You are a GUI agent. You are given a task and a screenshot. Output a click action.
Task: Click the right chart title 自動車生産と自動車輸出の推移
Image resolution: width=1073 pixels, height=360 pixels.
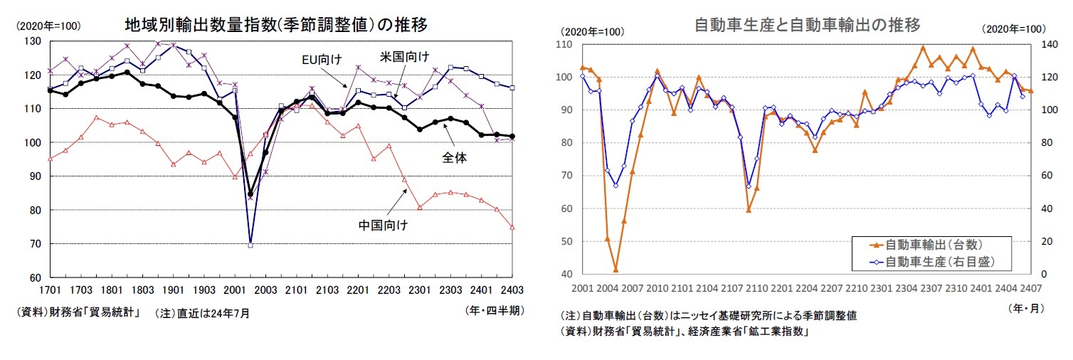pos(807,26)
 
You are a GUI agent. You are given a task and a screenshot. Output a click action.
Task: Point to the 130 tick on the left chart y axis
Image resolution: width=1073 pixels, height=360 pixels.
pos(31,41)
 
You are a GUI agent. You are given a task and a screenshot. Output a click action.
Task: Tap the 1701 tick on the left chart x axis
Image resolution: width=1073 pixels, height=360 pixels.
pos(50,290)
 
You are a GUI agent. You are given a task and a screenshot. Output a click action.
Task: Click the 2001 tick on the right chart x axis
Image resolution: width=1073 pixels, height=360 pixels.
pos(581,287)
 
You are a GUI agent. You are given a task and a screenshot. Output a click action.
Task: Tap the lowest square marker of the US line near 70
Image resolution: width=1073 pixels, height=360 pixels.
pos(250,245)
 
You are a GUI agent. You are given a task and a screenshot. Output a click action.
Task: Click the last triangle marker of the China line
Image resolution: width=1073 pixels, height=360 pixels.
pos(512,227)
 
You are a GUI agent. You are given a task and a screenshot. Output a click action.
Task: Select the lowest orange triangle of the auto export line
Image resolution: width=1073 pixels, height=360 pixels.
pos(615,270)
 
